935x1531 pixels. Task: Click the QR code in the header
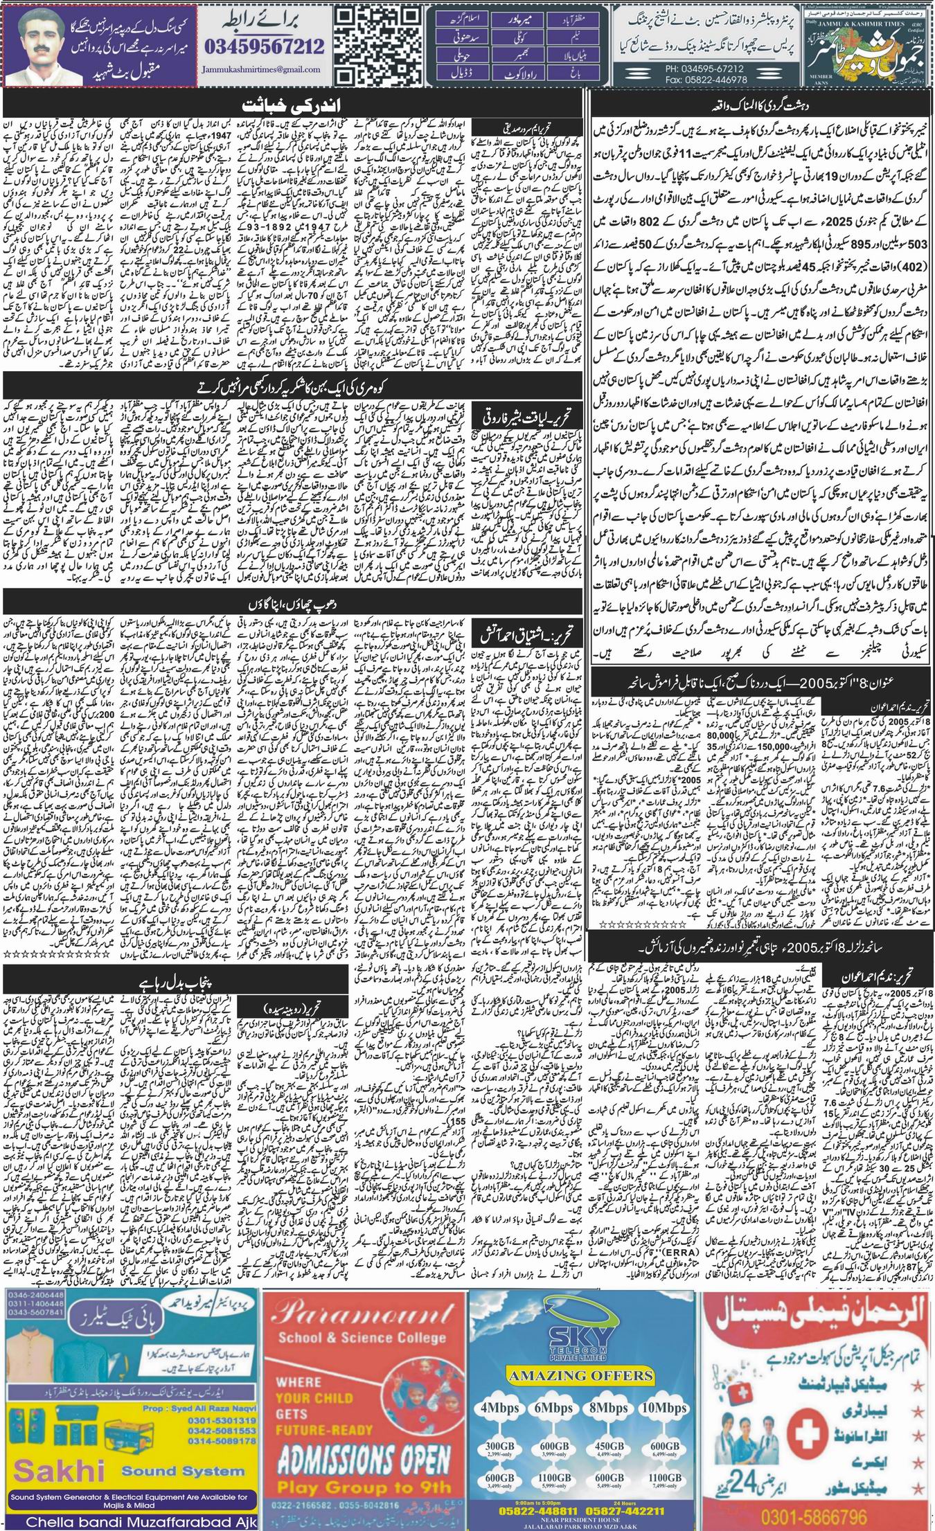[380, 44]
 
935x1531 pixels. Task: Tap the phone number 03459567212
[265, 47]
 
